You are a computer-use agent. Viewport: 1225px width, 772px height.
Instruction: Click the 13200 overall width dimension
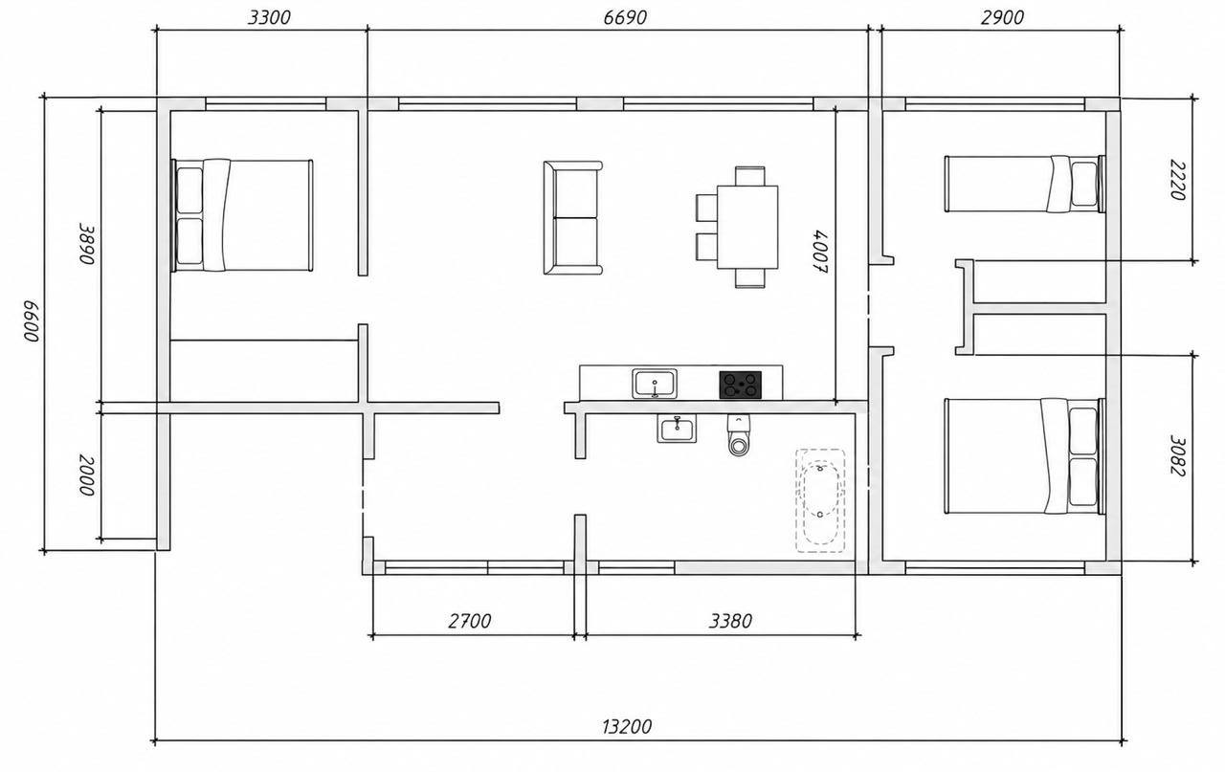[x=627, y=727]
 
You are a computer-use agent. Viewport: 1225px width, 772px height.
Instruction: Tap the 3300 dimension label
[x=269, y=17]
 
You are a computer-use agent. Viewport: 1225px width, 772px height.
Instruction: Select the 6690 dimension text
[x=625, y=17]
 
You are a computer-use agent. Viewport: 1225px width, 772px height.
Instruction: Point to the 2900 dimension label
[x=1002, y=17]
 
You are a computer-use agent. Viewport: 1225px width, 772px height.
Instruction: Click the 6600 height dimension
[x=32, y=320]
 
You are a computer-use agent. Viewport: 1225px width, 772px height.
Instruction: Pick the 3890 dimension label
[x=87, y=244]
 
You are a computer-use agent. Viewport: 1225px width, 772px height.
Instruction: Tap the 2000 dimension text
[x=87, y=475]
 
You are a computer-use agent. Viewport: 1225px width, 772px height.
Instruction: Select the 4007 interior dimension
[x=820, y=252]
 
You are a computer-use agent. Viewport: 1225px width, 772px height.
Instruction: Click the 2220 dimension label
[x=1177, y=180]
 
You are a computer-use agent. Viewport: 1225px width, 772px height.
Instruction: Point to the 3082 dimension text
[x=1177, y=455]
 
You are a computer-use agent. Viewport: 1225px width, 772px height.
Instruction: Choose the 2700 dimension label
[x=470, y=621]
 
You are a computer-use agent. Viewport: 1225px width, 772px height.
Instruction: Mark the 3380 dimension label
[x=730, y=621]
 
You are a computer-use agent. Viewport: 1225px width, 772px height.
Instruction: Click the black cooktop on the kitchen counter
[x=740, y=385]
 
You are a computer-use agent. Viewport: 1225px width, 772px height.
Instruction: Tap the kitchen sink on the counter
[x=655, y=384]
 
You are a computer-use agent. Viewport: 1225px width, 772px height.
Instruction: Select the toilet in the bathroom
[x=739, y=435]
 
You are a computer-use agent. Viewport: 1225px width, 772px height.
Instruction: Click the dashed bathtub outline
[x=820, y=501]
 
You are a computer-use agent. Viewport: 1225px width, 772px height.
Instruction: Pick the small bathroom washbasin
[x=677, y=429]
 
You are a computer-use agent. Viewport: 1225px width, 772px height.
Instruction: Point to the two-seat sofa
[x=572, y=217]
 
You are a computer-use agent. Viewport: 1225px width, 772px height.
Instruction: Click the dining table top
[x=747, y=227]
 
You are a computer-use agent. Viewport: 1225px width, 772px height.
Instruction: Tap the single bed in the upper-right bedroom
[x=1025, y=184]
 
